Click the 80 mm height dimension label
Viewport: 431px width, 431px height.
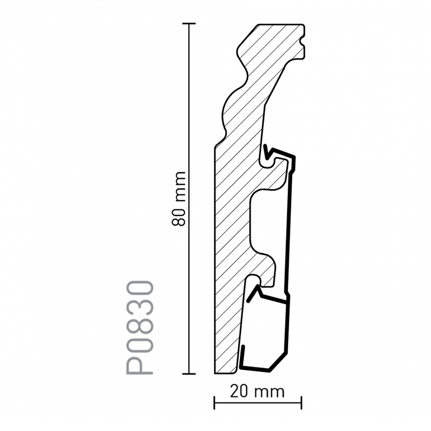point(179,199)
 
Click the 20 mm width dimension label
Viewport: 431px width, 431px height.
point(257,392)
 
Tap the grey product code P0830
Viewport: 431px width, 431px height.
point(140,327)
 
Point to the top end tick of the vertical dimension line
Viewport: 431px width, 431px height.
point(189,24)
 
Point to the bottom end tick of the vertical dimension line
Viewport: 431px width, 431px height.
point(189,374)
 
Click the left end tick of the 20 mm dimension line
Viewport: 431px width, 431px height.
point(214,402)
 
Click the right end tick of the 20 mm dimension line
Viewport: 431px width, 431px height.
point(302,402)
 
